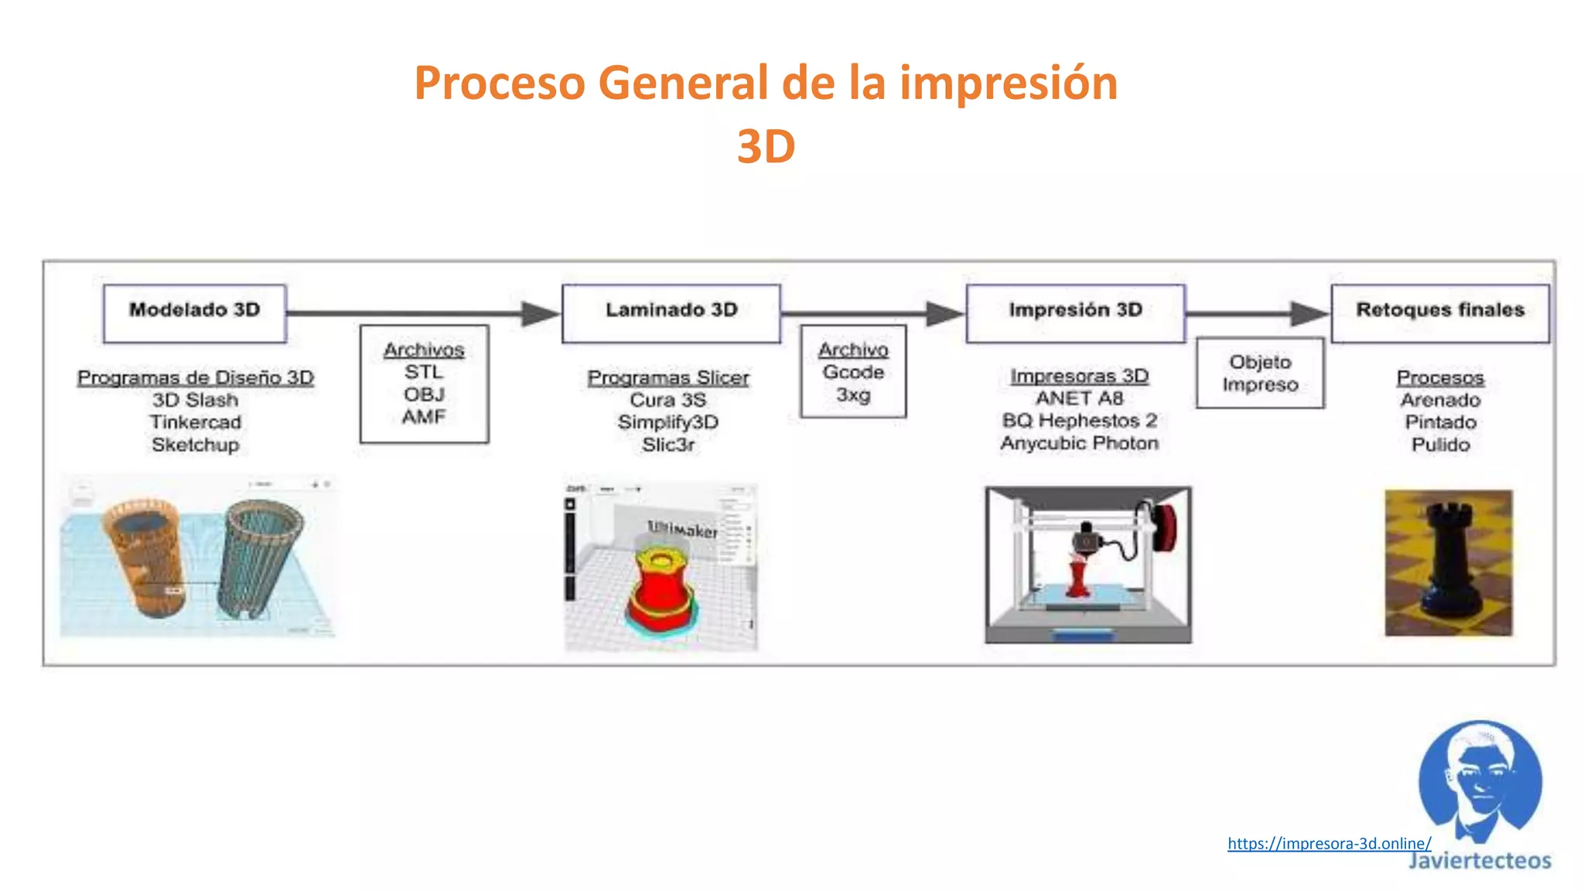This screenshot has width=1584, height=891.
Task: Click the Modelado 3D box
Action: (194, 313)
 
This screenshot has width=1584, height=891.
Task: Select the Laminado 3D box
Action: (671, 313)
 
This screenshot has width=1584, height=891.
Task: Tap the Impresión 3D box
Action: (1075, 313)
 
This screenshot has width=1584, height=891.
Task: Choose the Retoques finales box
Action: (1439, 313)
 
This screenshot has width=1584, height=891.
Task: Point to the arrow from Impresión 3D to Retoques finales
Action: (1257, 313)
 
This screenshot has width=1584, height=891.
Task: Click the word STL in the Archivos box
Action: (424, 372)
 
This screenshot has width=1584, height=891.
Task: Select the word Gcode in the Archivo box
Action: (853, 372)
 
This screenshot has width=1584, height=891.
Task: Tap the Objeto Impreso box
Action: (1260, 373)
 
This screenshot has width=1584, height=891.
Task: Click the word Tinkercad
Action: (196, 422)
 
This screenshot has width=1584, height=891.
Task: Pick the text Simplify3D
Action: (668, 422)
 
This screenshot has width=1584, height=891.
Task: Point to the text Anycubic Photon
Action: (1079, 443)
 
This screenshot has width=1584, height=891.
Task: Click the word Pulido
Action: (1440, 445)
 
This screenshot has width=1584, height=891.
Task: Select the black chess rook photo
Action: (1448, 562)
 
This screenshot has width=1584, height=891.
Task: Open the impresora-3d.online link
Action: (1329, 843)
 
